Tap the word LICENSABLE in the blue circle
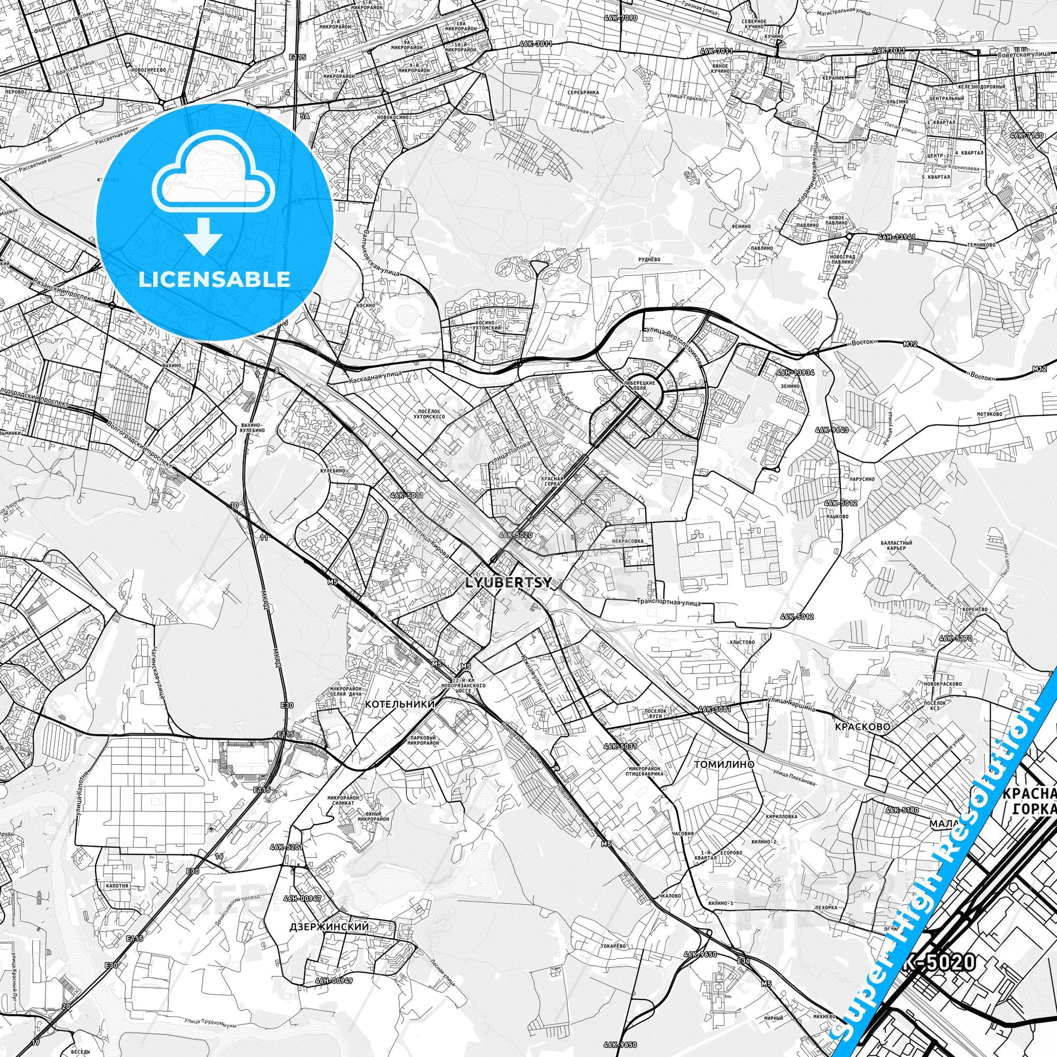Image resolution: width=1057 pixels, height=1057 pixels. [215, 280]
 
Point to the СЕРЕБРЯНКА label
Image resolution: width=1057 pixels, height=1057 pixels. [583, 92]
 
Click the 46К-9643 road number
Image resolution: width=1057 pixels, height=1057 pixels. [835, 430]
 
